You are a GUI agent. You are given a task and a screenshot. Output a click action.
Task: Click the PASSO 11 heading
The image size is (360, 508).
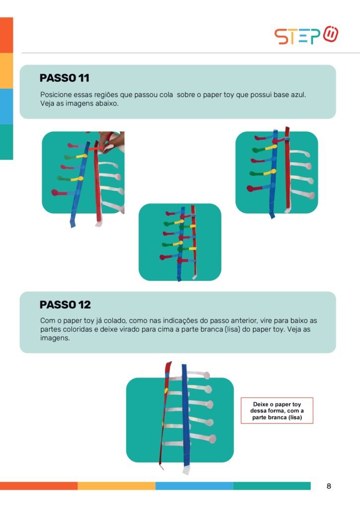[64, 78]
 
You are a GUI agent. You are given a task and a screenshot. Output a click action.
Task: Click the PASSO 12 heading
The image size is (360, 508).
[65, 305]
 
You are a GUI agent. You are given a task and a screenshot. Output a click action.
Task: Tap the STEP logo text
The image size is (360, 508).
[297, 36]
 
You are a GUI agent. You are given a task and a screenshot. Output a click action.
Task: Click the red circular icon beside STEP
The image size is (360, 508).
[331, 34]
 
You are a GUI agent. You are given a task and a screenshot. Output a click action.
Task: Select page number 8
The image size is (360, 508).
[329, 486]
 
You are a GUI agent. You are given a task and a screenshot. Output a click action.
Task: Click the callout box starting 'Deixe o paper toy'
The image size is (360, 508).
[277, 410]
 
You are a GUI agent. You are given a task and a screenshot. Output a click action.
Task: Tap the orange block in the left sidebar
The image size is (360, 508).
[6, 35]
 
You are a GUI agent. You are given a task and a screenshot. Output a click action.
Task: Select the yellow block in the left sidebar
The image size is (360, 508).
[6, 70]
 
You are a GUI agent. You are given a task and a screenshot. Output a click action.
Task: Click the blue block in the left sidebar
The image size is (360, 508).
[6, 106]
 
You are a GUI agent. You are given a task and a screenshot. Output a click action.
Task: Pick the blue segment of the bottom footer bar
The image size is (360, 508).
[194, 486]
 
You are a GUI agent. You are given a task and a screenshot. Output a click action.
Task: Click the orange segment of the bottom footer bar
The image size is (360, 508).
[39, 486]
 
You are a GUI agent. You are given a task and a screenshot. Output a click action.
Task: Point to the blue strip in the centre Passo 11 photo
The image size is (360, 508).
[181, 243]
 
